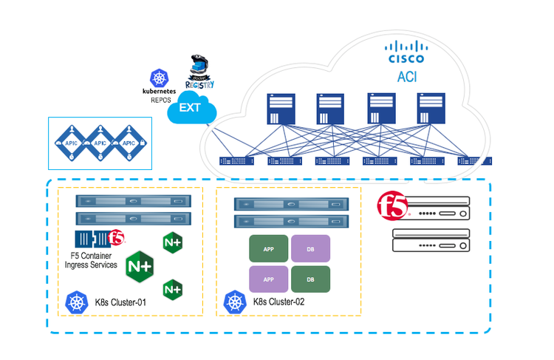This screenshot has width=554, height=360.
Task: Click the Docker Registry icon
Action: (200, 73)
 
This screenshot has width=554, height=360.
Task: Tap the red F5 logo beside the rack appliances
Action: (391, 206)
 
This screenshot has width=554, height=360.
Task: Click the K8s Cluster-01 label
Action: (120, 302)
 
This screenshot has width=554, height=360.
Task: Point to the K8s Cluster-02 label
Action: (278, 302)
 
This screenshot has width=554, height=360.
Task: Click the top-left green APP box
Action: (269, 249)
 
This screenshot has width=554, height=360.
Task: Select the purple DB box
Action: (310, 249)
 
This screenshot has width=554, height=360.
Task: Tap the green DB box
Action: (310, 279)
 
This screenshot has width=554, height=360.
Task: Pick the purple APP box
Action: (269, 279)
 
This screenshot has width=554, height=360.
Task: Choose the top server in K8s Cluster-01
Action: (133, 200)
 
